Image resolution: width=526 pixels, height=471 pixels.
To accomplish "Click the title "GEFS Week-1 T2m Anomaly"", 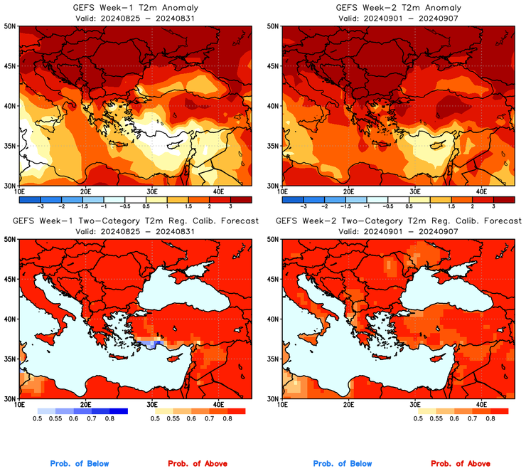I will pyautogui.click(x=134, y=8).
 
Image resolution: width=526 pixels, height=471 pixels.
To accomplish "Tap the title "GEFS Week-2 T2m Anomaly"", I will pyautogui.click(x=397, y=8).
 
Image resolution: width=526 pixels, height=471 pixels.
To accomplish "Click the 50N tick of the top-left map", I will pyautogui.click(x=11, y=26).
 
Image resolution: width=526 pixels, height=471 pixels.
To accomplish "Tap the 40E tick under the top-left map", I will pyautogui.click(x=218, y=191).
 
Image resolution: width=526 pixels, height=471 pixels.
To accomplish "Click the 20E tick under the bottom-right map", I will pyautogui.click(x=348, y=403).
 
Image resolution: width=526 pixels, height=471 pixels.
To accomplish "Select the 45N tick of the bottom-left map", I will pyautogui.click(x=11, y=279).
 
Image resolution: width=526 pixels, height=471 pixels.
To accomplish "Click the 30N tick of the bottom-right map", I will pyautogui.click(x=274, y=398).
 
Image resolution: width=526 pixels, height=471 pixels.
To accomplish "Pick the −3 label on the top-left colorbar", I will pyautogui.click(x=41, y=206).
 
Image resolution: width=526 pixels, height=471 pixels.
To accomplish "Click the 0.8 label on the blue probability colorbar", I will pyautogui.click(x=111, y=419).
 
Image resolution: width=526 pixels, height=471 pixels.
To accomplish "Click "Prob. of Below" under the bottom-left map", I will pyautogui.click(x=80, y=464).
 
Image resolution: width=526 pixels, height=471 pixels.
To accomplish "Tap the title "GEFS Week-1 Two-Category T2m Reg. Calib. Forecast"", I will pyautogui.click(x=136, y=221).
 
